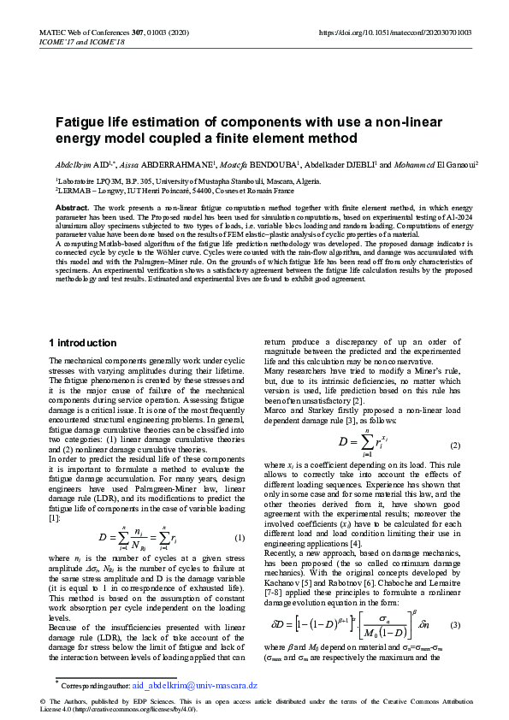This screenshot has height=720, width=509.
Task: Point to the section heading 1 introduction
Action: [x=83, y=342]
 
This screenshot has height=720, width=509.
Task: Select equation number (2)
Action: [x=455, y=446]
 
